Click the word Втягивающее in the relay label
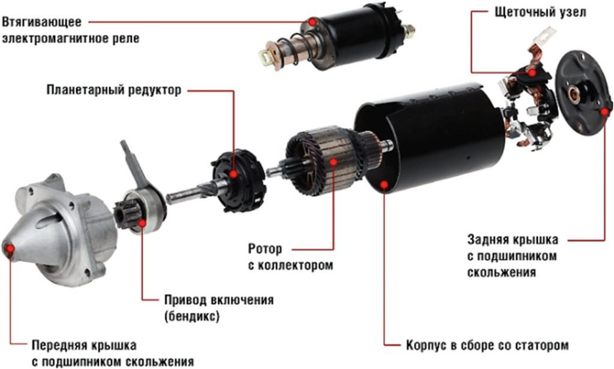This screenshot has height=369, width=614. tap(41, 22)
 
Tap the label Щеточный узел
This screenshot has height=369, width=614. tap(540, 12)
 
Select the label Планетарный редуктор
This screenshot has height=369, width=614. tap(114, 90)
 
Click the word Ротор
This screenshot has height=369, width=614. tap(264, 249)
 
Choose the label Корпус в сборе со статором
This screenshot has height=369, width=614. tap(487, 345)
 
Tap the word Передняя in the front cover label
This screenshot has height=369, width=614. tap(59, 345)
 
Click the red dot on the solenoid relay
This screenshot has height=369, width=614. tap(312, 22)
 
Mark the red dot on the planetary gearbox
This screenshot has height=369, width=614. tap(234, 174)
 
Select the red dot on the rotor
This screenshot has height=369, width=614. tap(333, 161)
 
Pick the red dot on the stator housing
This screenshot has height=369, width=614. tap(384, 184)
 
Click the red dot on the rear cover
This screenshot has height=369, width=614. tap(605, 112)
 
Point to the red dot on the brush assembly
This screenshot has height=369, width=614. tap(532, 73)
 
